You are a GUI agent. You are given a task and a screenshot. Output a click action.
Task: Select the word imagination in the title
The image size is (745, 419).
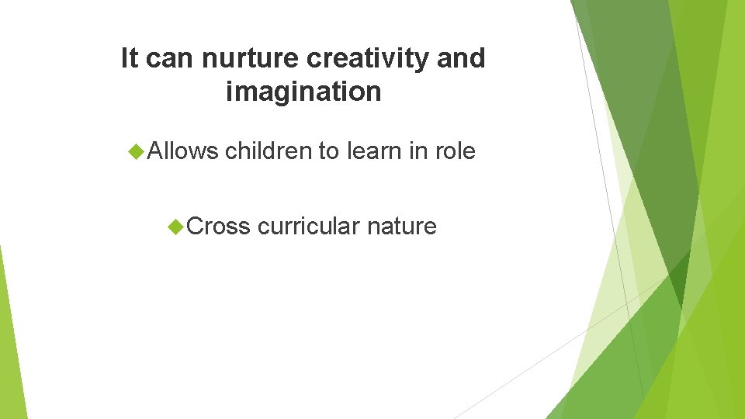point(303,92)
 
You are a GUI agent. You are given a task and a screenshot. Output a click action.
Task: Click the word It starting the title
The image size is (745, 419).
point(130,58)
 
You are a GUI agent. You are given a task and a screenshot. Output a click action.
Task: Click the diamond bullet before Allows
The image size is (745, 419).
point(137,151)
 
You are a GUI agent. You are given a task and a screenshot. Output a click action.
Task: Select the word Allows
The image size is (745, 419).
point(183,151)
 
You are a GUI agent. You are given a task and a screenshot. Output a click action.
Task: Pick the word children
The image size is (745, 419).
point(269,151)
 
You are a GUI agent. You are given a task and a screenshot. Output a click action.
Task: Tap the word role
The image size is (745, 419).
point(455,151)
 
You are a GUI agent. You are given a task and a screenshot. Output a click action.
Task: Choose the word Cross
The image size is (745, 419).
point(219,227)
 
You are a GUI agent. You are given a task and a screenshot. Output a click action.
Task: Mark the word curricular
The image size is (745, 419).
point(309,227)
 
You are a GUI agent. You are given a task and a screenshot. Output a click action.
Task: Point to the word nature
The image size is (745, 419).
point(402,227)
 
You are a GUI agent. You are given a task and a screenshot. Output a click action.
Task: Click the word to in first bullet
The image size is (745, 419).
point(329,151)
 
